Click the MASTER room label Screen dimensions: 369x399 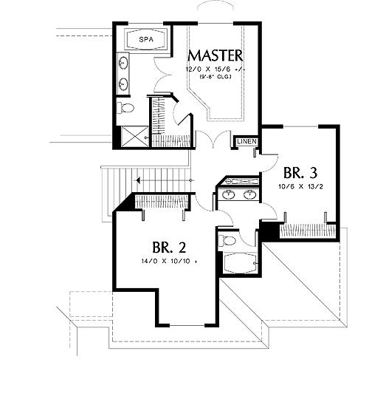click(215, 55)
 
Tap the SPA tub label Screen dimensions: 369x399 click(146, 40)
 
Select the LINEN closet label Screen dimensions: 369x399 click(246, 141)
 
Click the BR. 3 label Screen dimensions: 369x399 click(300, 173)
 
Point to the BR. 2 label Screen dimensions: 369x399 click(169, 247)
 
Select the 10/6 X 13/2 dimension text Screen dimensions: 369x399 click(300, 186)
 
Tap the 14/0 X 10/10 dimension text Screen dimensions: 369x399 click(170, 261)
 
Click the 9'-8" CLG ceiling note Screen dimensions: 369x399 click(215, 77)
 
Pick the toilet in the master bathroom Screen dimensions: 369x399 click(125, 108)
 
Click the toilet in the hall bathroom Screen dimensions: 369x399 click(227, 240)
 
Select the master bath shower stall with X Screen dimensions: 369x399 click(135, 137)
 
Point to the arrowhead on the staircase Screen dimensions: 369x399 click(138, 181)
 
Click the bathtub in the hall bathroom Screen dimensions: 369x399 click(240, 263)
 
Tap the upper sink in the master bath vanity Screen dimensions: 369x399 click(123, 62)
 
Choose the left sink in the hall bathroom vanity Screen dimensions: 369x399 click(228, 195)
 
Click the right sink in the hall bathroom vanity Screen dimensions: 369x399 click(249, 195)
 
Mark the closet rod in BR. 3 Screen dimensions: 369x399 click(308, 231)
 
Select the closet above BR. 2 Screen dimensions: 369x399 click(162, 202)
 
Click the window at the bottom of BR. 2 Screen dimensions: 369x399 click(187, 325)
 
